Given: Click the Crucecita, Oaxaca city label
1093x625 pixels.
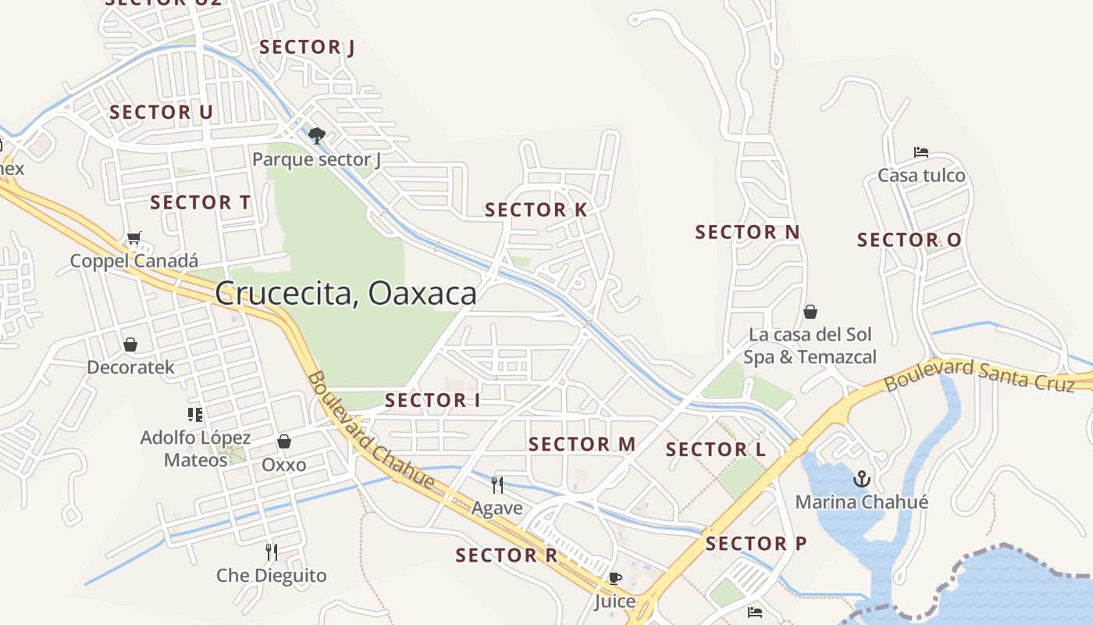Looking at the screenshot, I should tap(345, 294).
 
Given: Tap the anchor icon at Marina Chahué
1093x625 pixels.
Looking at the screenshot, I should tap(862, 478).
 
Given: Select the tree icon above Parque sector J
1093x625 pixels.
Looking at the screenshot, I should tap(316, 136).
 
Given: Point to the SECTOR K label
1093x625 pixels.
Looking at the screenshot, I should tap(536, 209).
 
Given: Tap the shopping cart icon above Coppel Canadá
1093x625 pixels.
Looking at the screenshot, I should tap(134, 237).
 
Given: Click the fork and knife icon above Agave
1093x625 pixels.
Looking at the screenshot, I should tap(497, 484).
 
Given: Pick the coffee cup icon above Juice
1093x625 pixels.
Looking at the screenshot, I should tap(615, 579).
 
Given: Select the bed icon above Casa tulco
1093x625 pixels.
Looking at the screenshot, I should tap(921, 152).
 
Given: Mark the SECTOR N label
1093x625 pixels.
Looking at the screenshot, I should tap(747, 232).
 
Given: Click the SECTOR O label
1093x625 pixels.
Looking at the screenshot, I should tap(909, 240).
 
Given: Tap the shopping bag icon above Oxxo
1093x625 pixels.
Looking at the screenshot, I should tap(284, 441).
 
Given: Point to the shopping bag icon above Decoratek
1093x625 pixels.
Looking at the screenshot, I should tap(130, 344).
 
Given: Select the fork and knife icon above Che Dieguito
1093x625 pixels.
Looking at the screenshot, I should tap(271, 552).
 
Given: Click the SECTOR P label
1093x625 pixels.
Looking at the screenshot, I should tap(756, 543).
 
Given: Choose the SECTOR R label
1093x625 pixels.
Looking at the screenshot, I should tap(507, 555).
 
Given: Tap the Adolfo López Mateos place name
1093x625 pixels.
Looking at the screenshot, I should tap(195, 448).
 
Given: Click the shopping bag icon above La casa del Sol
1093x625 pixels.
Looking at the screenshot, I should tap(810, 312).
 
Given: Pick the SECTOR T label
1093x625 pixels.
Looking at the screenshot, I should tap(200, 202).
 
